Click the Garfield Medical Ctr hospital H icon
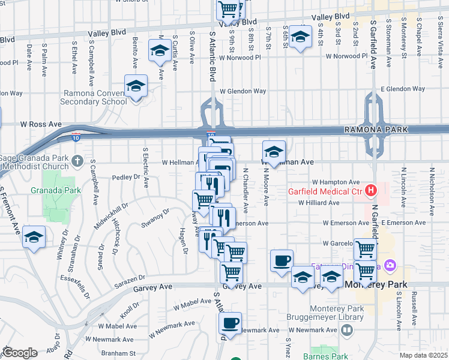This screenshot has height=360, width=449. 371,191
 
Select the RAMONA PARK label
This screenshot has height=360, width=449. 375,130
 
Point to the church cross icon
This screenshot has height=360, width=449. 76,161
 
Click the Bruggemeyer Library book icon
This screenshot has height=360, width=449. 346,330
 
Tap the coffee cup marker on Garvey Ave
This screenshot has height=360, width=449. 282,261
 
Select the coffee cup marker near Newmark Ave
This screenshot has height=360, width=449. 229,323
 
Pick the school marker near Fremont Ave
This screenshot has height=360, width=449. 34,237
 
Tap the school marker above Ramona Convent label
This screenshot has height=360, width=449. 136,86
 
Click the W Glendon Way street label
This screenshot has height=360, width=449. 243,91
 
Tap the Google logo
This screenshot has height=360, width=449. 20,353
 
